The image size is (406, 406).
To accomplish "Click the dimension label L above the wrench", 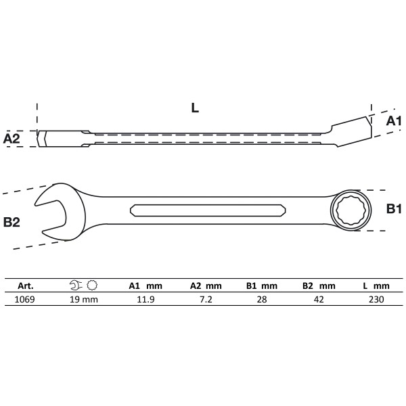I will coord(195,108).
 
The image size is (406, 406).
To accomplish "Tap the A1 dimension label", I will coord(394,120).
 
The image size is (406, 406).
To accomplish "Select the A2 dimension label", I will coord(12,139).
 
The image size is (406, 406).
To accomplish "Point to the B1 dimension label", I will coord(394,209).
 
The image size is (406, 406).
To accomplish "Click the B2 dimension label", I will coord(12,221).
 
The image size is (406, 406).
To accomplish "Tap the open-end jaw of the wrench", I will coord(54,211).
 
